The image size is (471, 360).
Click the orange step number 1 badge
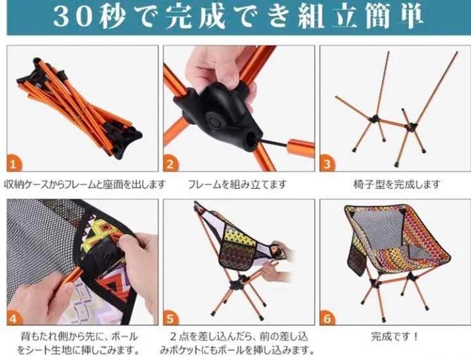[14, 164]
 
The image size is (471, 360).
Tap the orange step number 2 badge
[170, 164]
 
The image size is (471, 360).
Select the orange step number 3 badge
[327, 164]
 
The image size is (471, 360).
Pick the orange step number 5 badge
[171, 317]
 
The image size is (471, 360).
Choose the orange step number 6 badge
[327, 317]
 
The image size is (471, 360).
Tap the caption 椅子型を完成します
[397, 184]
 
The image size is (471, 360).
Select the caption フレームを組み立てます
[237, 184]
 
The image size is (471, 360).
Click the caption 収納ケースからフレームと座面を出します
[84, 184]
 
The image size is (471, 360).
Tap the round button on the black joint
[214, 121]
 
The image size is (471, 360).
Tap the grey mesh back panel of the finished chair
[379, 229]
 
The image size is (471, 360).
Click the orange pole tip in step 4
[75, 273]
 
